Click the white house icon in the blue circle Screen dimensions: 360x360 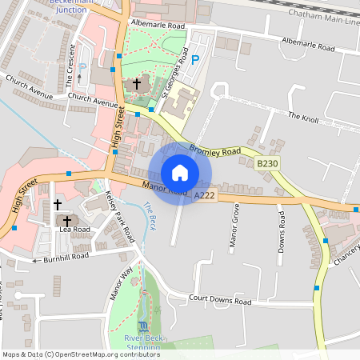pyautogui.click(x=180, y=173)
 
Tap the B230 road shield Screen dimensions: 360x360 pyautogui.click(x=267, y=163)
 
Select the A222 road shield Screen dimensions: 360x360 pyautogui.click(x=204, y=194)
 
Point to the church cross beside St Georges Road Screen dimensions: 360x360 pyautogui.click(x=137, y=83)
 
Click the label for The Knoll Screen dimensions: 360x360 pyautogui.click(x=303, y=116)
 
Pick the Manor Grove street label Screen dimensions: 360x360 pyautogui.click(x=235, y=227)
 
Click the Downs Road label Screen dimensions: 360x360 pyautogui.click(x=281, y=229)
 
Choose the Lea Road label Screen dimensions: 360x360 pyautogui.click(x=74, y=229)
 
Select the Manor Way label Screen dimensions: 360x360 pyautogui.click(x=119, y=285)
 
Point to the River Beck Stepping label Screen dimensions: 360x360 pyautogui.click(x=143, y=343)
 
